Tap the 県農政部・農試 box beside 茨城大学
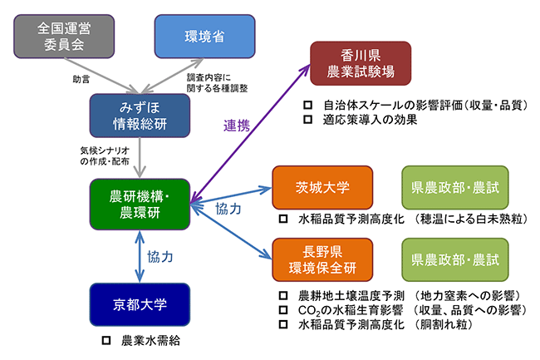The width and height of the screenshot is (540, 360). pos(454,187)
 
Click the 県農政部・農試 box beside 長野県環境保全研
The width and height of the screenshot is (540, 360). pos(454,259)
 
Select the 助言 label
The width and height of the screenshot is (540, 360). pos(81,81)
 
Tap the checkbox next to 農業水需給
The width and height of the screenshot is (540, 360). pos(106,341)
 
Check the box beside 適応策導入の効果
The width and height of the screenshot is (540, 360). pos(307,120)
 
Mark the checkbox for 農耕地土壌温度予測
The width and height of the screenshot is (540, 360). pos(282,295)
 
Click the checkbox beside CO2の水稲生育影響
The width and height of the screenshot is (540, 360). pos(282,310)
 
